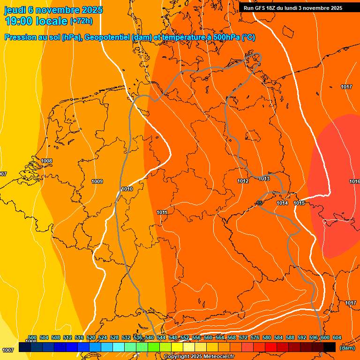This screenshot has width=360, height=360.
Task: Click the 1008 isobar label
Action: coord(46,161)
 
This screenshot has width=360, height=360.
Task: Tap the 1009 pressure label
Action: coord(97,181)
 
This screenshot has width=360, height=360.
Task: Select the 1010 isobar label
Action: coord(127,189)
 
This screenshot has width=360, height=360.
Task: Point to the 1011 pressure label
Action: coord(162,212)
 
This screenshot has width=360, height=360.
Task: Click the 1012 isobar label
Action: coord(242,181)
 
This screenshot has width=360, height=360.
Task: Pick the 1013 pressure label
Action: coord(264,179)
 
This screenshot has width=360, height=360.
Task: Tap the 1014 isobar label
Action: coord(282,203)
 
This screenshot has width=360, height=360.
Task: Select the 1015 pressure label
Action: coord(299,203)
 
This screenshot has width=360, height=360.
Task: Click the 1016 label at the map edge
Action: coord(354,181)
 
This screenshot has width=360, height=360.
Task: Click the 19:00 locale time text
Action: coord(36,21)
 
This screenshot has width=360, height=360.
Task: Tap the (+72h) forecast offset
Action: coord(81,21)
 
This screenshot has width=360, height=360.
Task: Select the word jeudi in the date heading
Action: coord(15,10)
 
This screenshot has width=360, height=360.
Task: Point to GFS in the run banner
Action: coord(262,8)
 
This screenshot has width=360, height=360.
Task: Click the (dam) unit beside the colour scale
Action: coord(347,348)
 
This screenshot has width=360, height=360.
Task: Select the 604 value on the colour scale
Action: coord(337,337)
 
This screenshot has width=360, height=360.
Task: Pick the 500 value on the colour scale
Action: coord(32,337)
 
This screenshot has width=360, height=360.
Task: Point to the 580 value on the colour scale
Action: coord(267,337)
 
